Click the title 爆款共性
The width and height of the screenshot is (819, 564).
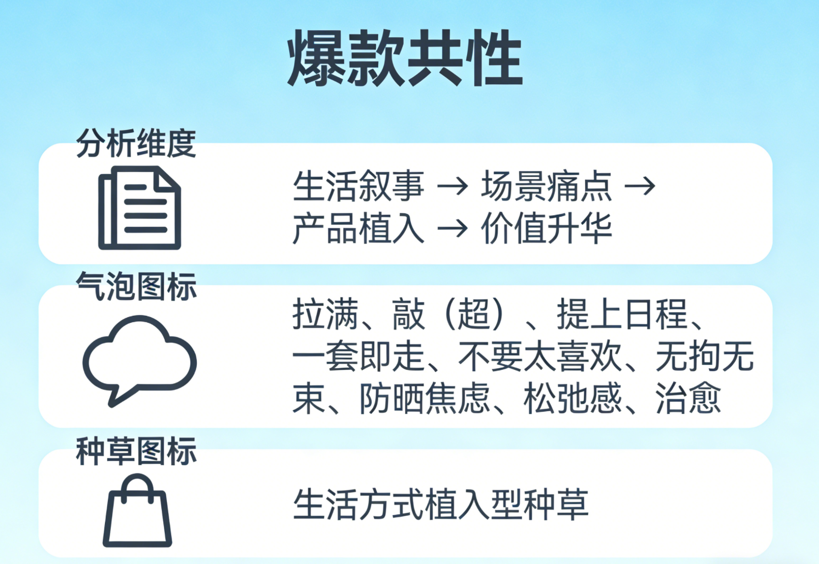click(405, 58)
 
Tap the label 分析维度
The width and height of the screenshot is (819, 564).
click(136, 144)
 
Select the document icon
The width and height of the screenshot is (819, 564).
click(139, 208)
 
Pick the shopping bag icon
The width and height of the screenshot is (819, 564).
click(137, 512)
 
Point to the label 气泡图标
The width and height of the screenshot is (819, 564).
click(136, 286)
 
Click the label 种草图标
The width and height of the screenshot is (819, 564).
click(136, 451)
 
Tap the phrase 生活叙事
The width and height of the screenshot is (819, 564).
click(358, 186)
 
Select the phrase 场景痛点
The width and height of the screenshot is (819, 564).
click(546, 186)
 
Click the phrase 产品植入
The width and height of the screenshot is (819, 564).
click(358, 228)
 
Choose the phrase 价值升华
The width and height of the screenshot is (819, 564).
click(546, 228)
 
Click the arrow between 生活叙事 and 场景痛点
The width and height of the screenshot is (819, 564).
click(453, 186)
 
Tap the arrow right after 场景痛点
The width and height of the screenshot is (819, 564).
click(640, 186)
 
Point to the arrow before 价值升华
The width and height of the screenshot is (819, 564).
click(453, 228)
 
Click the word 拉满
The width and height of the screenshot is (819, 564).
click(325, 314)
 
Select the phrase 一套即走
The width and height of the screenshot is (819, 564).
click(358, 356)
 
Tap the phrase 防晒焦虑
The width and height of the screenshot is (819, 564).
click(424, 399)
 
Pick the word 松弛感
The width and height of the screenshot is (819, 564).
click(572, 399)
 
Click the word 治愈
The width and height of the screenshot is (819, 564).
click(688, 399)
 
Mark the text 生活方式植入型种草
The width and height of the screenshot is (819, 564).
click(440, 505)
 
